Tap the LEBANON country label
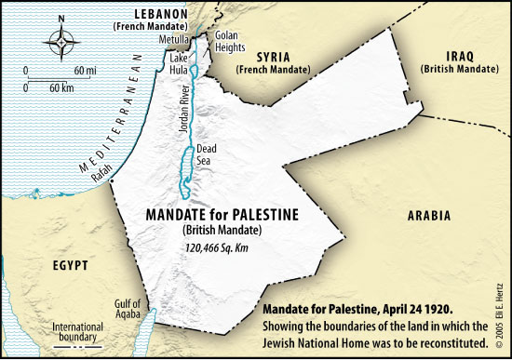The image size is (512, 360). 154,14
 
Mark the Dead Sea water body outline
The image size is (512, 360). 190,169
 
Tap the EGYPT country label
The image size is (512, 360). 70,266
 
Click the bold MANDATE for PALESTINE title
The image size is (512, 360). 222,215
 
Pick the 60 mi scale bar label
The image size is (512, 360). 86,71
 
